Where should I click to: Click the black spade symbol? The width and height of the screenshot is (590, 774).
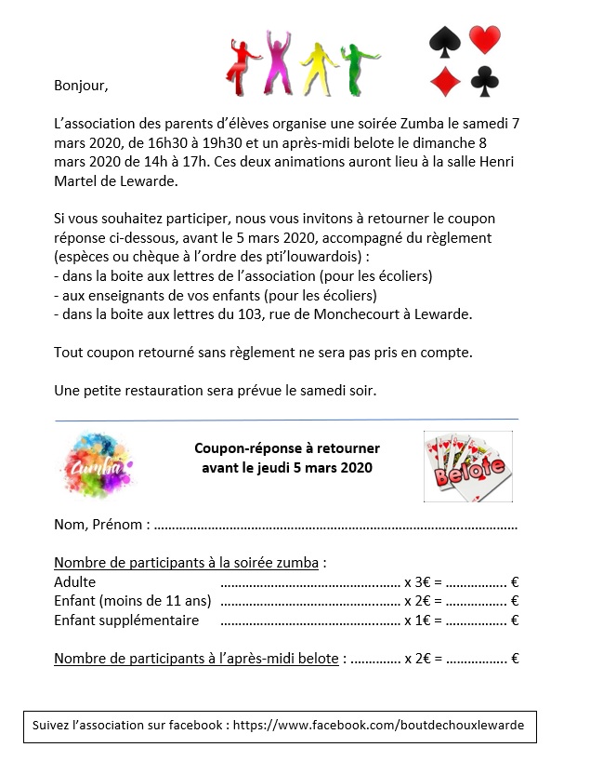click(445, 41)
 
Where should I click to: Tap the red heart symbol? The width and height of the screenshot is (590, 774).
click(485, 40)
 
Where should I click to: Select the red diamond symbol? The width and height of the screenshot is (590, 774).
click(445, 80)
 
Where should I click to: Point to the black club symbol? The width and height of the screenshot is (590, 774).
click(485, 81)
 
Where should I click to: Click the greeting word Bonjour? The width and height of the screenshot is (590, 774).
click(81, 87)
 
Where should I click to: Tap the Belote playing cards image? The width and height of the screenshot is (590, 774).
click(469, 466)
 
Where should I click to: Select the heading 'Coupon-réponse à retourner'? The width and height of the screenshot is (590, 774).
click(287, 448)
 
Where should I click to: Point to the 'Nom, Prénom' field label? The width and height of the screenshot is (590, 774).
click(100, 525)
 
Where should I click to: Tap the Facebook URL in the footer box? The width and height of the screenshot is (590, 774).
click(385, 725)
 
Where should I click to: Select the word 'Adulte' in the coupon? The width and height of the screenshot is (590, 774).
click(75, 582)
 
